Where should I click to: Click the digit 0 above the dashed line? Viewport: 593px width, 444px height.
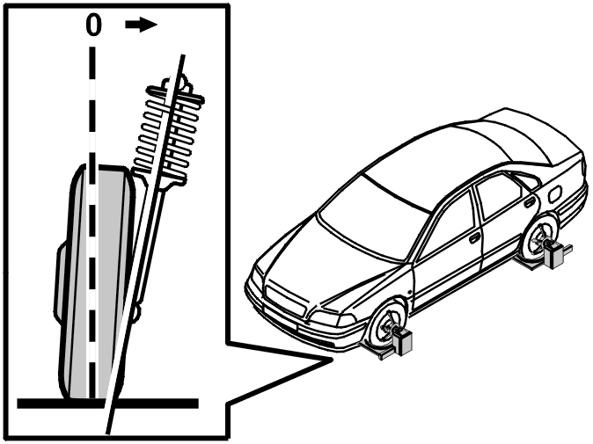[x=93, y=25]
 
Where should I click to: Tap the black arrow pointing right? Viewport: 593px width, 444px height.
[x=141, y=25]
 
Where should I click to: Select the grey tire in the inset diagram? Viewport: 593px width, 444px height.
[x=98, y=281]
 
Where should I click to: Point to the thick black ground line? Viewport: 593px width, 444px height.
[x=108, y=404]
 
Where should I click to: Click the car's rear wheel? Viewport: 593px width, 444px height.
[x=539, y=238]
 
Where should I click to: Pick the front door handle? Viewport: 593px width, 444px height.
[x=474, y=238]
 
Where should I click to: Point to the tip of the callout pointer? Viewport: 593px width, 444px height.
[x=333, y=360]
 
